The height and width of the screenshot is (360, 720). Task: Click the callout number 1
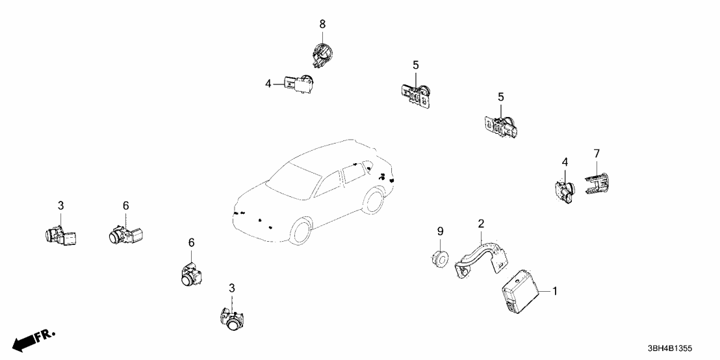coord(554,292)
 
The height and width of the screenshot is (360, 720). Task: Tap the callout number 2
coord(481,224)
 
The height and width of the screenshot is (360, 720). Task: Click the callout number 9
coord(440,231)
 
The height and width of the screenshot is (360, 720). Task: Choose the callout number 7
coord(597,153)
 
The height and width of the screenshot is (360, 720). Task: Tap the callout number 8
coord(322,24)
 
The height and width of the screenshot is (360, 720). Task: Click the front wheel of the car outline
coord(302,233)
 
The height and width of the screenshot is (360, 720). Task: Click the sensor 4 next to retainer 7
coord(565,190)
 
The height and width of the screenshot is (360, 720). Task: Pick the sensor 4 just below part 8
coord(301,84)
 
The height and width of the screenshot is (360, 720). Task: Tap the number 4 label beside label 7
coord(565,161)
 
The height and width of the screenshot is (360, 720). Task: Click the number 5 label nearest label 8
coord(416,65)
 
